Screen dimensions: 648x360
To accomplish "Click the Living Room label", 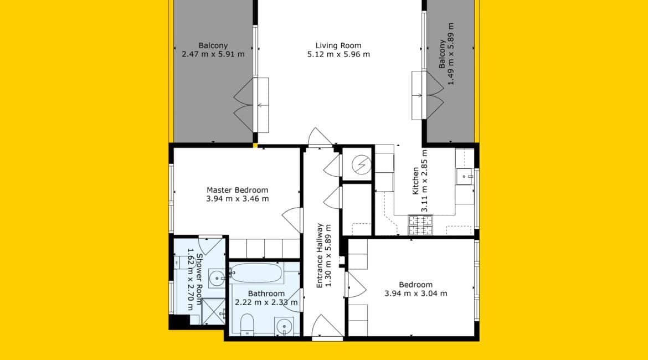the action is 338,45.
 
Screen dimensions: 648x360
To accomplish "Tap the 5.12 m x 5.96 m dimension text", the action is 338,54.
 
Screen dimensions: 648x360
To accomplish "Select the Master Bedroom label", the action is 237,190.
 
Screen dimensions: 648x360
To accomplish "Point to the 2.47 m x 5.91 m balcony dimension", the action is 213,54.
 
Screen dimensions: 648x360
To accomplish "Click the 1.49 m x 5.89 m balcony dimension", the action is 451,54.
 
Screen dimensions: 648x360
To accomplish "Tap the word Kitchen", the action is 416,181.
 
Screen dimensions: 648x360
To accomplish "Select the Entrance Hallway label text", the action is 320,256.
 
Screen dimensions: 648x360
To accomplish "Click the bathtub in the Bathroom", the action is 256,273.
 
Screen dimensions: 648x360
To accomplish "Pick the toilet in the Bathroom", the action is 246,325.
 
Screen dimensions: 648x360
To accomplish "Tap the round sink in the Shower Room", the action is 216,278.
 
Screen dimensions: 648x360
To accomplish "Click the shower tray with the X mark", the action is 214,311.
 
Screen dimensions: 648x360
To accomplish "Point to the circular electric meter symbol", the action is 361,165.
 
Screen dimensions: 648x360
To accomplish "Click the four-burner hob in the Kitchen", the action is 420,225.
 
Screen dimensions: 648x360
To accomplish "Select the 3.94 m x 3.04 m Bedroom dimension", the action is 416,294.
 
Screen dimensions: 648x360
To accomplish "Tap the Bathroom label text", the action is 266,294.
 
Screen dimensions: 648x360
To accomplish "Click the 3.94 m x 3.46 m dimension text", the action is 237,199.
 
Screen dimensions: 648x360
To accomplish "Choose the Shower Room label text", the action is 199,279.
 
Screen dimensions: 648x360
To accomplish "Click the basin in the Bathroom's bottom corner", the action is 284,327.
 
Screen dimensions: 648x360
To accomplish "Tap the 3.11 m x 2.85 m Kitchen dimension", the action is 424,181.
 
